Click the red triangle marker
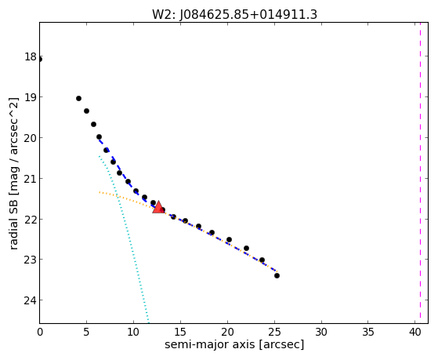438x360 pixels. [x=158, y=207]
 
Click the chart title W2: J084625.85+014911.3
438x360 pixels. [x=234, y=15]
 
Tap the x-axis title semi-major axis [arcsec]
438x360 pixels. [x=234, y=344]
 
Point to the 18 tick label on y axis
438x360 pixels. [x=31, y=56]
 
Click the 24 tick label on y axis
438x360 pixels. [x=31, y=300]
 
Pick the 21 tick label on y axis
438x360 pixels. [x=31, y=179]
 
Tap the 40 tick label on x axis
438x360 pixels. [x=414, y=333]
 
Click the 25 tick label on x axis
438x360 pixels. [x=274, y=333]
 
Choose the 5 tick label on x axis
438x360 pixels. [x=87, y=333]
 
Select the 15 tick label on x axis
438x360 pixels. [x=180, y=333]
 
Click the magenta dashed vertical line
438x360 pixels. [x=420, y=173]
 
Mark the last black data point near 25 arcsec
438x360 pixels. [x=277, y=276]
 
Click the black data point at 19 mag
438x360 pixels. [x=79, y=99]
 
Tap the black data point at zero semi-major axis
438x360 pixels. [x=40, y=60]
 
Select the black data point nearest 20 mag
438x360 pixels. [x=99, y=137]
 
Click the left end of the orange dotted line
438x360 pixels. [x=100, y=192]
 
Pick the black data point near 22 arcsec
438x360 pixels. [x=246, y=249]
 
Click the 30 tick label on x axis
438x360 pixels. [x=321, y=333]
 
